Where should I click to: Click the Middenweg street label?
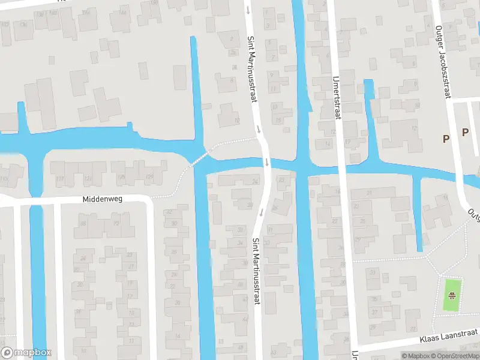tap(102, 199)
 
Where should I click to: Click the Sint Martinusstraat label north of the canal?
tap(252, 69)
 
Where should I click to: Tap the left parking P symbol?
tap(446, 139)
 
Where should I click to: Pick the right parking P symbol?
tap(465, 133)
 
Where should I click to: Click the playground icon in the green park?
tap(452, 295)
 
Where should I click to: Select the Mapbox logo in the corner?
tap(26, 353)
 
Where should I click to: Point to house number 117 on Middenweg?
tap(60, 178)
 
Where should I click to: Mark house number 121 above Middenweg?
tap(88, 178)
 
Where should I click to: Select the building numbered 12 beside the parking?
tap(413, 128)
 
